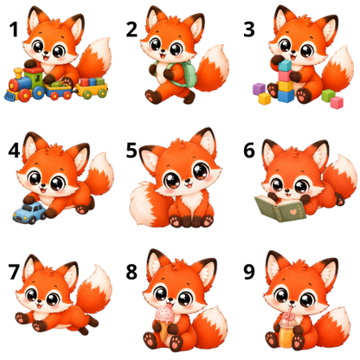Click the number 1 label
tap(14, 29)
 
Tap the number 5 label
tap(132, 150)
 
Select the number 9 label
tap(249, 272)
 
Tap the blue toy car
tap(29, 213)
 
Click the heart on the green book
tap(293, 212)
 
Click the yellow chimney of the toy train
tap(18, 74)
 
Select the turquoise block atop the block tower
tap(285, 66)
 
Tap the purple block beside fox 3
tap(259, 88)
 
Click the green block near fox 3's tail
tap(328, 95)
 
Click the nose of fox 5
tap(188, 181)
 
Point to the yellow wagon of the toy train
tap(92, 89)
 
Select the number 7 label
tap(14, 272)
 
